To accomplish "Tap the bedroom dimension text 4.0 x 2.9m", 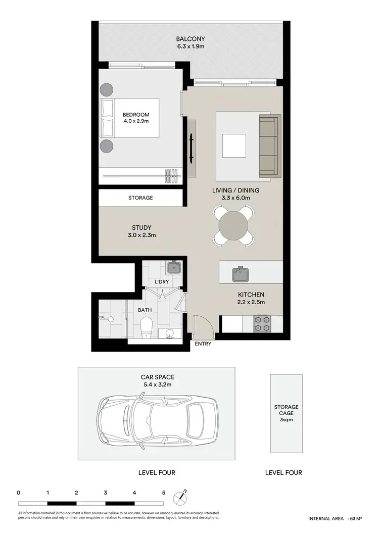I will pos(136,121).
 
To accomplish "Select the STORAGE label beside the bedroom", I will pos(140,198).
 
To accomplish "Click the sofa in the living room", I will pos(269,147).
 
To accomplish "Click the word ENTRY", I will pos(203,344).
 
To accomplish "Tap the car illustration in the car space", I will pos(157,417).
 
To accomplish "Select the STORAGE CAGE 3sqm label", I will pos(286,413).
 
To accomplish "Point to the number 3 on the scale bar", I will pos(105,492).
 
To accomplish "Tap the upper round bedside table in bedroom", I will pos(107,89).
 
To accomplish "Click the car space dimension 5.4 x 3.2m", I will pos(156,384).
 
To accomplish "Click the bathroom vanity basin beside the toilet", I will pos(169,333).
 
